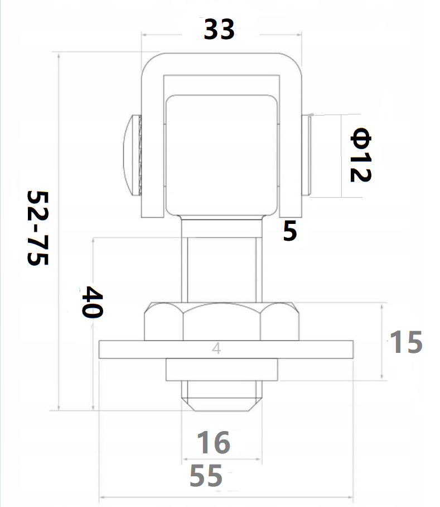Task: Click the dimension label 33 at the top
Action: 219,29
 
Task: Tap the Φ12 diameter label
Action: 360,155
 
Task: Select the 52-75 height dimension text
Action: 38,229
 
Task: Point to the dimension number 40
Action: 93,302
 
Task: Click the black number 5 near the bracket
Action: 289,231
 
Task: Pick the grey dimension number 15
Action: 405,342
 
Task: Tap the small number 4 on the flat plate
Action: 216,348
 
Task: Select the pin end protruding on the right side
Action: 307,155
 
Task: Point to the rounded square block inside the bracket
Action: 221,155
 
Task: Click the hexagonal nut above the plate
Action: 221,322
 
